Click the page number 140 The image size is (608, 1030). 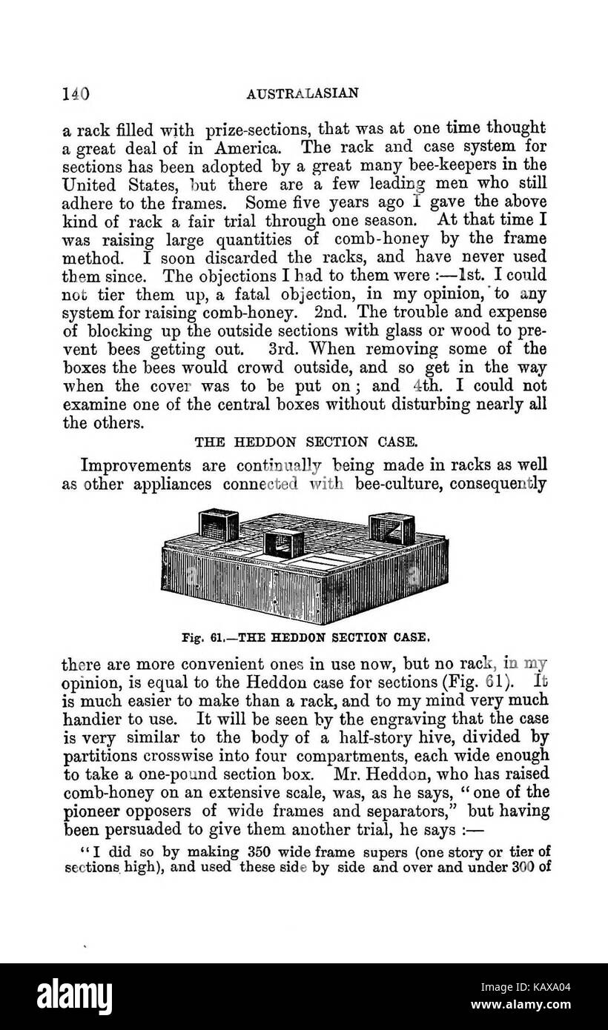point(76,94)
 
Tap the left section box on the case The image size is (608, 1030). point(217,524)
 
